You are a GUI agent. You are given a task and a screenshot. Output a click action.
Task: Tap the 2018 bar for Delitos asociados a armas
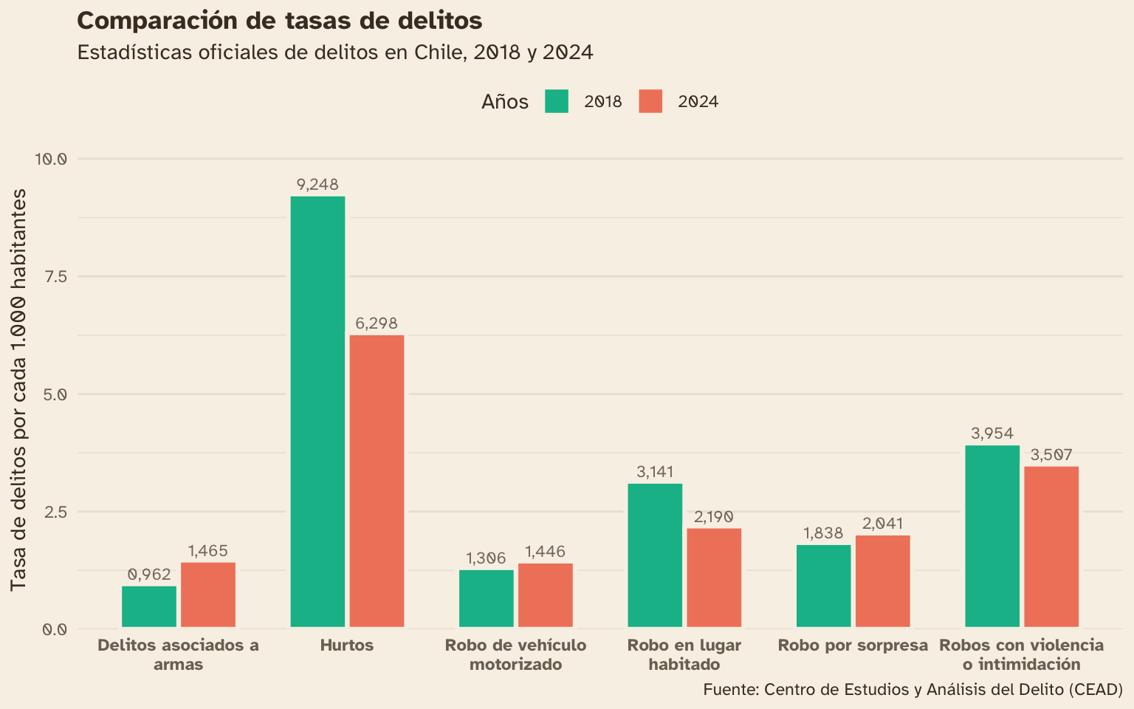pos(149,607)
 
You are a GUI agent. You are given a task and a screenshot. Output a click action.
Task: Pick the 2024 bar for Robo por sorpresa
pos(883,582)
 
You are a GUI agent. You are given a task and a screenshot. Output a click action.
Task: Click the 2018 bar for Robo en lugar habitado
pos(655,555)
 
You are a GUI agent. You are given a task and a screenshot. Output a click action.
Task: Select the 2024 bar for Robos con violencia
pos(1051,547)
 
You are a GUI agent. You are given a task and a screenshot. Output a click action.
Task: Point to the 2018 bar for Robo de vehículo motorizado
pos(487,599)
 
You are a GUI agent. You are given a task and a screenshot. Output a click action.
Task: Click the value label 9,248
pos(317,185)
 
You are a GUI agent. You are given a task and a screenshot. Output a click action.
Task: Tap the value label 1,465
pos(208,551)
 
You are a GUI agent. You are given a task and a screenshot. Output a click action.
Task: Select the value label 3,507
pos(1051,455)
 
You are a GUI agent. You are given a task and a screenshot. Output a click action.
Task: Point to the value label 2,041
pos(883,524)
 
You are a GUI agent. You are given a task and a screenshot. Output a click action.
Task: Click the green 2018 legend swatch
pos(557,101)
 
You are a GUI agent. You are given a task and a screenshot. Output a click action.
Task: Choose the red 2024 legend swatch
pos(650,101)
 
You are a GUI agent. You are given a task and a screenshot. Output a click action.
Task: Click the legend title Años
pos(505,102)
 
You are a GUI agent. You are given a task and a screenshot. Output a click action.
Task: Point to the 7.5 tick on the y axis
pos(55,276)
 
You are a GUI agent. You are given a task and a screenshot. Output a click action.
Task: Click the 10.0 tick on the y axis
pos(51,159)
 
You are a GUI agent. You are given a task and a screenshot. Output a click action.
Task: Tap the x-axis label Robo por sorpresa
pos(853,645)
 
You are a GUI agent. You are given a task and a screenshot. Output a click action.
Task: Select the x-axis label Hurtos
pos(347,645)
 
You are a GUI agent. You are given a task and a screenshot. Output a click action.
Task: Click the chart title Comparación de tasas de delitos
pos(280,21)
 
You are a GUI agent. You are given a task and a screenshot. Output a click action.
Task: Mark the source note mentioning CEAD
pos(913,690)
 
